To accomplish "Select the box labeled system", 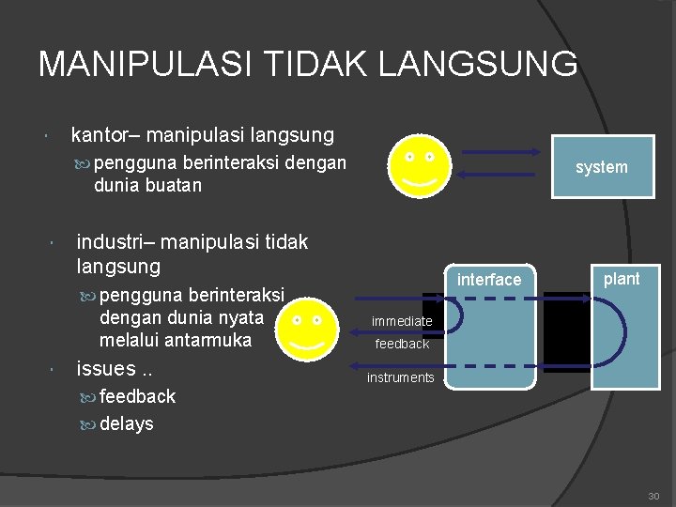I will click(x=602, y=167).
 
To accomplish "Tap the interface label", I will click(x=488, y=280).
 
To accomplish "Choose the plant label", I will click(x=621, y=278).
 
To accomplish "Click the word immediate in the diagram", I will click(x=402, y=321).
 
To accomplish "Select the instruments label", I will click(x=401, y=377).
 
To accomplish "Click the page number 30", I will click(x=653, y=496).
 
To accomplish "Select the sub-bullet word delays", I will click(x=126, y=423).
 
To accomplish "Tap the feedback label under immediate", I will click(x=402, y=344).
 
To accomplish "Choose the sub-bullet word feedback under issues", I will click(x=137, y=396).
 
